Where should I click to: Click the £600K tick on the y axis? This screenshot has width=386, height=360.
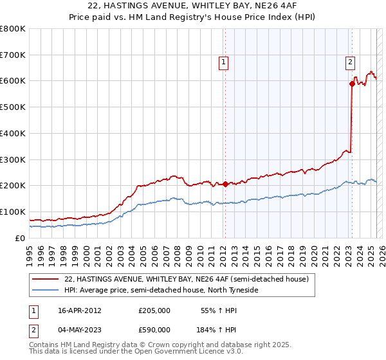[x=14, y=81]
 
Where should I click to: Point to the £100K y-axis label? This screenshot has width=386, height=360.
[x=14, y=212]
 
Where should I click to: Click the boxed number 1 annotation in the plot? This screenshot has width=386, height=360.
[x=223, y=62]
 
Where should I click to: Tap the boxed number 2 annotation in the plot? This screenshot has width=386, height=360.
[x=350, y=62]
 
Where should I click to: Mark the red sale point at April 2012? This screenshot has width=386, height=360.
[x=225, y=184]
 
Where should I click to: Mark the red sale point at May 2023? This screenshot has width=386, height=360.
[x=352, y=83]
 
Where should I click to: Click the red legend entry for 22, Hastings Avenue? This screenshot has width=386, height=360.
[x=187, y=279]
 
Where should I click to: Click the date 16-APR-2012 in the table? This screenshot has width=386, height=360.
[x=80, y=310]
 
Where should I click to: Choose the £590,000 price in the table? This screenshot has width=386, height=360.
[x=154, y=329]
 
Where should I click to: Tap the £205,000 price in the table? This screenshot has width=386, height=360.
[x=154, y=310]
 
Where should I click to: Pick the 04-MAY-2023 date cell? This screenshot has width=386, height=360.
[x=80, y=329]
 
